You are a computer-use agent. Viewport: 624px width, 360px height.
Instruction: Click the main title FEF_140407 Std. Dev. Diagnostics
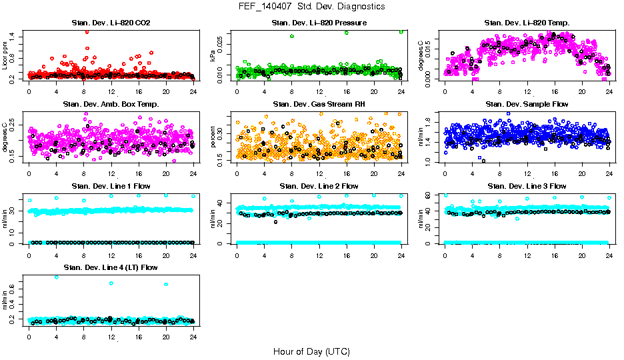coord(311,7)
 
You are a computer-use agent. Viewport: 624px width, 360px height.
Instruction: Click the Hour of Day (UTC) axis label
coord(311,351)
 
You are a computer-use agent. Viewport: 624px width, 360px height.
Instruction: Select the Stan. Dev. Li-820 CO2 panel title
coord(111,23)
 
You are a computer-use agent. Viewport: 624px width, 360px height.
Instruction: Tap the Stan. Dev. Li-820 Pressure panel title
coord(319,23)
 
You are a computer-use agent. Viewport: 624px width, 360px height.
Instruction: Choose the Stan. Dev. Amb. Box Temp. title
coord(111,105)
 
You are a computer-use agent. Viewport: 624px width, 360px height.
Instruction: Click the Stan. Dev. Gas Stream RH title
coord(319,105)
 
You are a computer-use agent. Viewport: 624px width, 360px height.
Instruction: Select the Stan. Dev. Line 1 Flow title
coord(111,186)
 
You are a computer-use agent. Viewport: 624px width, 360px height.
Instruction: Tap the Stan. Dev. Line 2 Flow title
coord(319,186)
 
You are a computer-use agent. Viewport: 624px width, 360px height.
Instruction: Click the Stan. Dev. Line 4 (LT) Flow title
coord(111,267)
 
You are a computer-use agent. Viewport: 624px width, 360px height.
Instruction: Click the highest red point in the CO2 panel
coord(87,31)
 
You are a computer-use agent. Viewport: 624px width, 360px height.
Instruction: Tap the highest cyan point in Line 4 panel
coord(56,277)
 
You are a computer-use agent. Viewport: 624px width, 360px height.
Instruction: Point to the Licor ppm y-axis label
coord(5,56)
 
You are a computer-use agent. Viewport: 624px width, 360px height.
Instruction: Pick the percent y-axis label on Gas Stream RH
coord(213,137)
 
